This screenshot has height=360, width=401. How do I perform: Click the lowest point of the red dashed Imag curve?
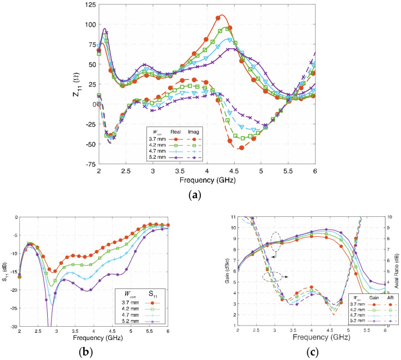(x=241, y=148)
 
